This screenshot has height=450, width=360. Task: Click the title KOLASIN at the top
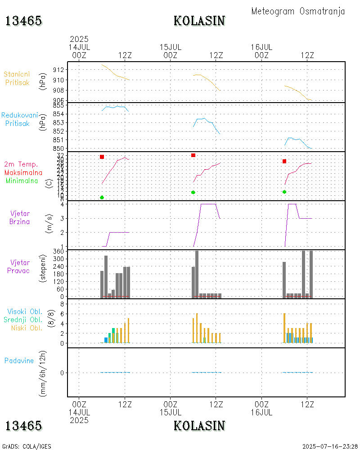pyautogui.click(x=199, y=21)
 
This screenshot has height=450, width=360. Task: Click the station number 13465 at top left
pyautogui.click(x=23, y=21)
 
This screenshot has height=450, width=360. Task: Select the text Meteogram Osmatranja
pyautogui.click(x=298, y=11)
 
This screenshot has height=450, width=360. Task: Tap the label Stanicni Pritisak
pyautogui.click(x=17, y=78)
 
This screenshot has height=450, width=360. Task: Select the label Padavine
pyautogui.click(x=19, y=360)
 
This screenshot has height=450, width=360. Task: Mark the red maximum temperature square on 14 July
pyautogui.click(x=102, y=157)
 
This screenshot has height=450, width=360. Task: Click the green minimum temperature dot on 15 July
pyautogui.click(x=193, y=192)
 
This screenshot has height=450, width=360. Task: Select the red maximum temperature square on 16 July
pyautogui.click(x=284, y=161)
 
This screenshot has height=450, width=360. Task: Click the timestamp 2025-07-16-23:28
pyautogui.click(x=330, y=446)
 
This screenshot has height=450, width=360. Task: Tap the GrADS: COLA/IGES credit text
pyautogui.click(x=27, y=446)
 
